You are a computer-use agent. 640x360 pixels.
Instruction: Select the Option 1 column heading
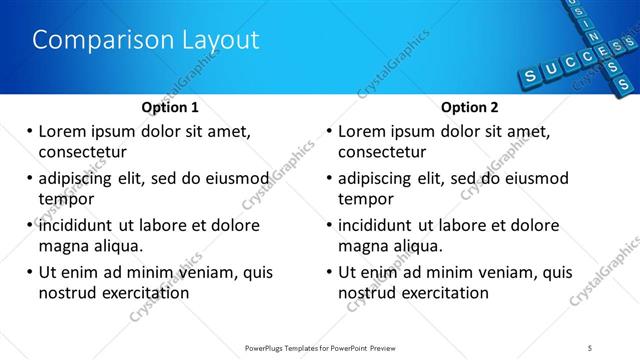coord(170,107)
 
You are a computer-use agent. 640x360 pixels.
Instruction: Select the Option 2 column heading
coord(469,107)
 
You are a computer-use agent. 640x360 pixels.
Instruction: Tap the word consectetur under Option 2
coord(382,152)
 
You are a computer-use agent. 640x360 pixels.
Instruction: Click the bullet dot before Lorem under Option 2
coord(328,131)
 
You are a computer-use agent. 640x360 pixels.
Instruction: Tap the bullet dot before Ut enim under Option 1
coord(28,272)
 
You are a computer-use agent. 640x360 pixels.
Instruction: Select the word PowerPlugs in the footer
coord(267,347)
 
